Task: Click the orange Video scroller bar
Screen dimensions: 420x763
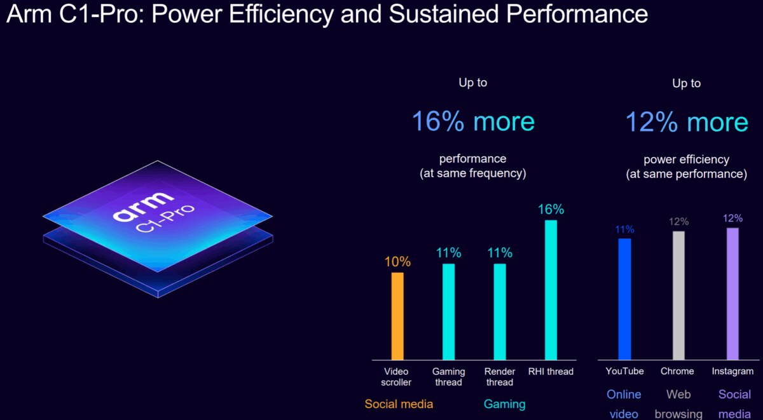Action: click(x=397, y=316)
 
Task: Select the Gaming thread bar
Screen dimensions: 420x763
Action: click(x=449, y=312)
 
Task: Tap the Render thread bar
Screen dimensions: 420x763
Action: click(x=500, y=312)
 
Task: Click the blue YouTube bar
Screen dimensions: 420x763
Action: click(x=625, y=299)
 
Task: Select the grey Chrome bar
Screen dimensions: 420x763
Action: click(x=679, y=295)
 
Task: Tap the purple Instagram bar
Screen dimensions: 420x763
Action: click(x=732, y=294)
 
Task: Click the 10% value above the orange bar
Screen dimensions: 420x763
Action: click(x=397, y=262)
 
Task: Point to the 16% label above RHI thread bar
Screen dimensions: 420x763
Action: click(x=551, y=210)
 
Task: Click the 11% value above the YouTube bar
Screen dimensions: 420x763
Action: click(x=625, y=229)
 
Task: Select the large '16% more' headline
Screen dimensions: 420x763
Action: click(x=473, y=121)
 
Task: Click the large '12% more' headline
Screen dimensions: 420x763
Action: click(x=687, y=122)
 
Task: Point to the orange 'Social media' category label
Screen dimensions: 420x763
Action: click(x=399, y=404)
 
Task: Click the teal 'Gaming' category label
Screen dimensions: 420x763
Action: click(x=505, y=404)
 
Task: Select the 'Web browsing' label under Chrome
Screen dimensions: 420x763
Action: click(x=678, y=404)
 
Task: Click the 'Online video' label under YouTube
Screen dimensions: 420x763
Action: click(x=624, y=404)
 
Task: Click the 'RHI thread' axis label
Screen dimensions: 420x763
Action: click(x=551, y=372)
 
